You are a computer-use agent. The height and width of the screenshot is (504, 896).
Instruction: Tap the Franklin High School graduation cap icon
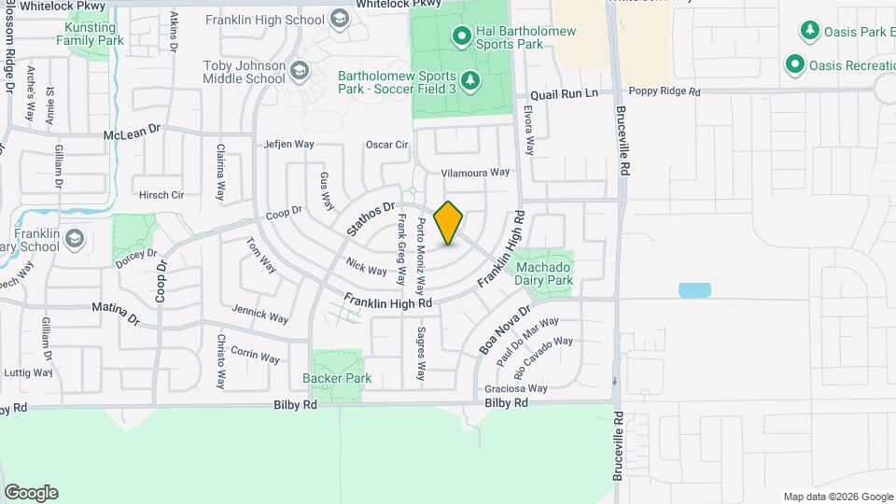click(339, 19)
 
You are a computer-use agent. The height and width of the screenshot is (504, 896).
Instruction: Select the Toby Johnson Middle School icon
click(300, 71)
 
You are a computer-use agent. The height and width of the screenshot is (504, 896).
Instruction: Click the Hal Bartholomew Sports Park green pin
click(461, 37)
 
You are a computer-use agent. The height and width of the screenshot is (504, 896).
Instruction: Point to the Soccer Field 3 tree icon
click(470, 79)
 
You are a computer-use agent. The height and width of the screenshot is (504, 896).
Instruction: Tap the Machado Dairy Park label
click(544, 273)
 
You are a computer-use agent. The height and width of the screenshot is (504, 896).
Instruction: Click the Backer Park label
click(337, 378)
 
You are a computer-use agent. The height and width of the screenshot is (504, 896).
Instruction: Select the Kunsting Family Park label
click(90, 35)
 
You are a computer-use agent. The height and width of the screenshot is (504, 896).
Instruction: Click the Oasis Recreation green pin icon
click(795, 64)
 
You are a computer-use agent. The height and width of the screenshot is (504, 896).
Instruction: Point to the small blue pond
click(694, 290)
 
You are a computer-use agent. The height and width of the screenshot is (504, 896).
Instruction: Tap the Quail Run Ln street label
click(563, 95)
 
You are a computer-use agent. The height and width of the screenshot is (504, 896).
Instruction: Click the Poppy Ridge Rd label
click(664, 92)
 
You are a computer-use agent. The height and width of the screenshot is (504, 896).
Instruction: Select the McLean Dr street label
click(133, 134)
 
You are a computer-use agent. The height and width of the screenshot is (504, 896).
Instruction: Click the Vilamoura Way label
click(475, 173)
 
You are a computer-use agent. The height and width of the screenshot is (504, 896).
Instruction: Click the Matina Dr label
click(115, 312)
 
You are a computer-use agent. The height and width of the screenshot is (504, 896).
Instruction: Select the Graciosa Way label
click(515, 388)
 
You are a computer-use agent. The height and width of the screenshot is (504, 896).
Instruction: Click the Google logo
click(31, 492)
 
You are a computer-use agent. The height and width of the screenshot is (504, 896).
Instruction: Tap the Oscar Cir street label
click(386, 145)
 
